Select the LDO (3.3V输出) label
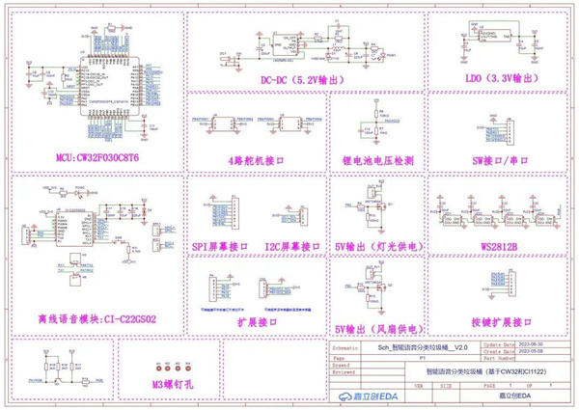[492, 77]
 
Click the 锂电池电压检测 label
[378, 159]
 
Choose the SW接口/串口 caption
[494, 159]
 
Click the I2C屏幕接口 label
[292, 246]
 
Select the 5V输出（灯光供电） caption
[379, 247]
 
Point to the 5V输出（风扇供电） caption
[379, 327]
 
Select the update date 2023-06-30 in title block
[525, 343]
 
